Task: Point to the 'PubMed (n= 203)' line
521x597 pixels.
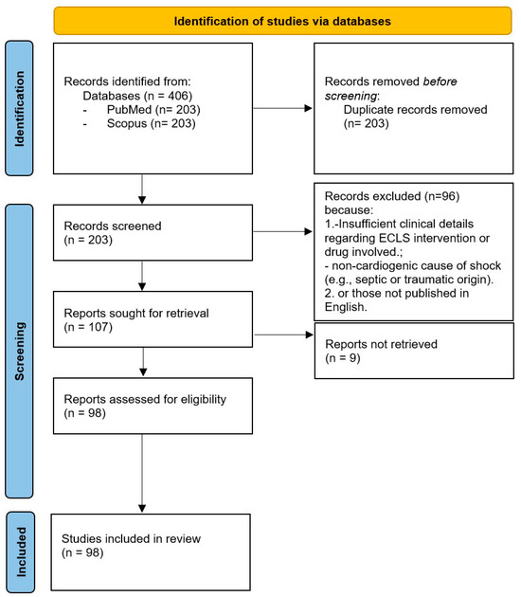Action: point(143,136)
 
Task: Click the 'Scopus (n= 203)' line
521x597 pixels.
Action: point(141,149)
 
